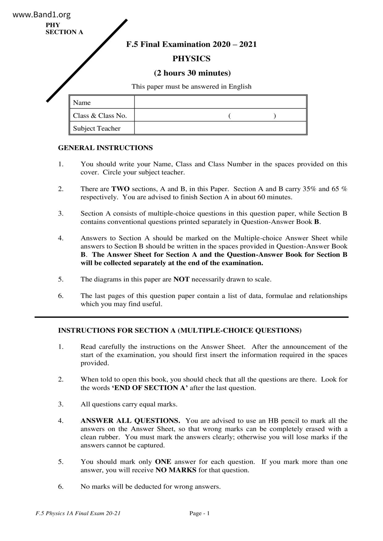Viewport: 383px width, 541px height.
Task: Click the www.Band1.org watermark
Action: point(42,14)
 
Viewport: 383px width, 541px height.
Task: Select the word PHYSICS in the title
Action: point(191,59)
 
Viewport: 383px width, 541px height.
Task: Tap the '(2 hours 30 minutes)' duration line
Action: point(192,73)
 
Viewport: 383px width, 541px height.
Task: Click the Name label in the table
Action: point(82,103)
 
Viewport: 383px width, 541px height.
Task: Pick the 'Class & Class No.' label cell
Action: point(100,116)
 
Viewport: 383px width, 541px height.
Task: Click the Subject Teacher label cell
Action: point(97,129)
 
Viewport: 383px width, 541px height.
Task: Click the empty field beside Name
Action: point(220,102)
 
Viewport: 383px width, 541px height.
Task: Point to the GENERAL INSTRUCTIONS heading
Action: point(105,148)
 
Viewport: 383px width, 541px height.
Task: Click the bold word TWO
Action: point(120,189)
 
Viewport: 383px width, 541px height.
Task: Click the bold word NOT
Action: point(181,279)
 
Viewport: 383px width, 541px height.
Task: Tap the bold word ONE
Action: point(163,462)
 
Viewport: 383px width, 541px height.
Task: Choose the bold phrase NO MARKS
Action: point(176,470)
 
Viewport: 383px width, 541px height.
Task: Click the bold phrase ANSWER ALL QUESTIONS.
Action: point(130,421)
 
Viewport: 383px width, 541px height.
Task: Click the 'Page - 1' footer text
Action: point(200,513)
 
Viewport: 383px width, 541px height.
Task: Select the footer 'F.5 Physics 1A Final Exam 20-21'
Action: point(78,513)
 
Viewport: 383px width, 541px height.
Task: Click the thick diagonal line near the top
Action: point(87,60)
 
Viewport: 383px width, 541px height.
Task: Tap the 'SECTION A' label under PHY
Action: point(64,32)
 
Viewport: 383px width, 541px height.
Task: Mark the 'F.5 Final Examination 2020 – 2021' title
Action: point(191,44)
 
